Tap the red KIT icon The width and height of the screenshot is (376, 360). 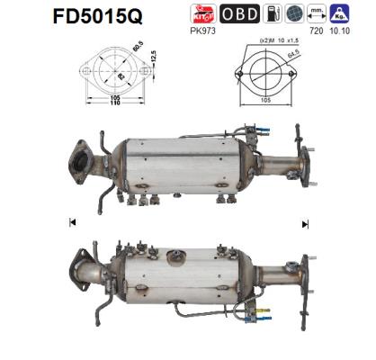click(x=201, y=13)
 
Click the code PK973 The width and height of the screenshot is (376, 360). click(x=201, y=30)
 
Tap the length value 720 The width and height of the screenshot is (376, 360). click(x=315, y=30)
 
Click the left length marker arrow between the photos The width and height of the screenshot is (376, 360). click(x=72, y=221)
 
